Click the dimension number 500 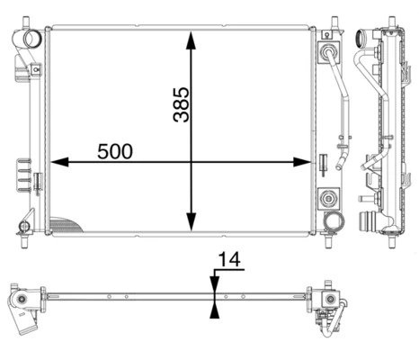click(x=115, y=150)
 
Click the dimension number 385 click(x=180, y=104)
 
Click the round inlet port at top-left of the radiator click(x=34, y=40)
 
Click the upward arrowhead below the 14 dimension click(x=213, y=310)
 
